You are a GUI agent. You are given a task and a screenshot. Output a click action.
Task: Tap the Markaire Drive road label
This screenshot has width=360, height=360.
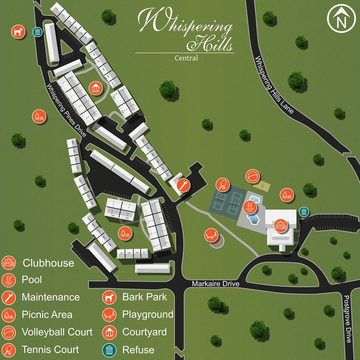click(216, 284)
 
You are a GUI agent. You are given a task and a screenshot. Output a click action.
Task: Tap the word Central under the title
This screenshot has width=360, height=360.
click(186, 58)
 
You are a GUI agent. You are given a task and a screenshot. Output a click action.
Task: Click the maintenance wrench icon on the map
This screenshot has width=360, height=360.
click(183, 185)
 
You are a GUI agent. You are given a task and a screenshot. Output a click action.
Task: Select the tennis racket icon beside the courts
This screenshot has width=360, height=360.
click(223, 184)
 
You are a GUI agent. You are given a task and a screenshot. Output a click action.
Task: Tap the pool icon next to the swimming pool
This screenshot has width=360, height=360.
click(250, 207)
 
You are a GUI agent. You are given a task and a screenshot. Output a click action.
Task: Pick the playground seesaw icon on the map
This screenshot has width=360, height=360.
click(211, 235)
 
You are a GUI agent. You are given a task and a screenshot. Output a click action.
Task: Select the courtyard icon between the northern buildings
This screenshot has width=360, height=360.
click(95, 88)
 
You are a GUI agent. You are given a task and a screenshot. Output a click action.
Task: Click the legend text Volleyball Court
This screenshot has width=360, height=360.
click(57, 332)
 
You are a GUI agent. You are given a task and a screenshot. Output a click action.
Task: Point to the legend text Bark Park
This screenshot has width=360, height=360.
click(144, 297)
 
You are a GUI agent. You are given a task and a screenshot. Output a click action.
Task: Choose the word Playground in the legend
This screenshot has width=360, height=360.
click(148, 314)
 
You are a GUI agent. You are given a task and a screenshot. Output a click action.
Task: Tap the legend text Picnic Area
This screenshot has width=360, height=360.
click(47, 314)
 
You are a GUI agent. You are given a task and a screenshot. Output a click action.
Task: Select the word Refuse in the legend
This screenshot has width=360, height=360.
click(138, 350)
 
